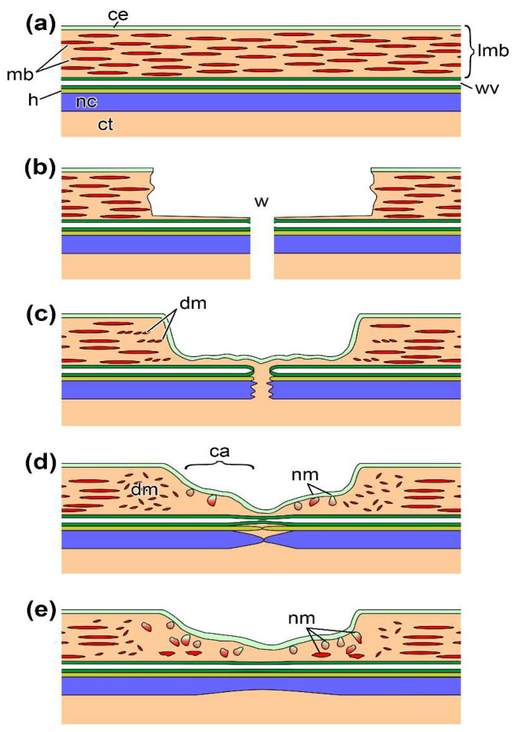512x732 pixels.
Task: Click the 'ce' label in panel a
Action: click(117, 15)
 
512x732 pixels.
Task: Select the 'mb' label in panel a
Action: click(20, 74)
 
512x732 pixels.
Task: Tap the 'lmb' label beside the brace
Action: click(493, 49)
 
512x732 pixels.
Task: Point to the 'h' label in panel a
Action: click(33, 98)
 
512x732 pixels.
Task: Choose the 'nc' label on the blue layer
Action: click(86, 101)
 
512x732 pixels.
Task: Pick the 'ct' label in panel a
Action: click(105, 124)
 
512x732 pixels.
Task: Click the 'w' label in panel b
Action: click(261, 201)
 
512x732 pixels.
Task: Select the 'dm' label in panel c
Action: click(193, 303)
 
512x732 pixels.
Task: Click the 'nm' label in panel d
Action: click(305, 475)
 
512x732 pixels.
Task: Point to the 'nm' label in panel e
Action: click(302, 618)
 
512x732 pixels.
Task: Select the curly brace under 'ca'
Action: click(220, 465)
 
